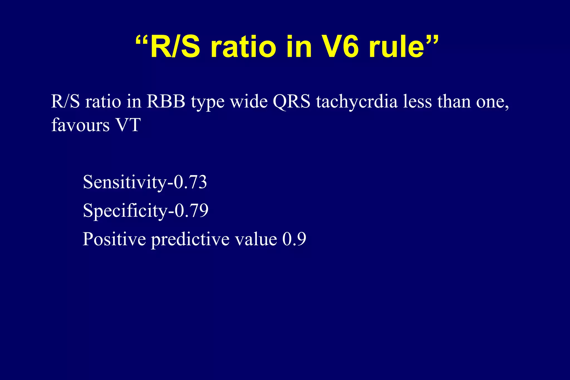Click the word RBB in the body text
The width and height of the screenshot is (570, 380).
click(166, 102)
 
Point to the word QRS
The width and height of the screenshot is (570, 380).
click(291, 102)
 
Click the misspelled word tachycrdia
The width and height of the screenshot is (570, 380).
click(357, 102)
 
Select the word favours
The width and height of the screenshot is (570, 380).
click(80, 125)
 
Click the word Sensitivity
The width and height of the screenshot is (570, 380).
click(124, 182)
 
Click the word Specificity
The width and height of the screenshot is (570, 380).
click(125, 211)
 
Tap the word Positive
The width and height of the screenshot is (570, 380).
click(114, 239)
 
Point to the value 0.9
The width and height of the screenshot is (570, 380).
click(294, 239)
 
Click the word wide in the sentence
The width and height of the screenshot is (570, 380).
click(249, 102)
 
